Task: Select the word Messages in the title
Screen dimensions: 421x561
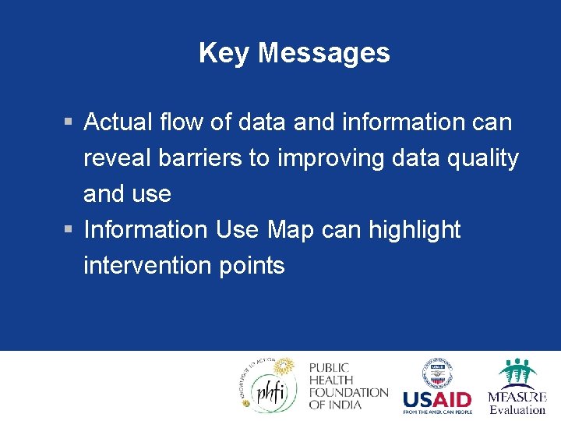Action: [x=323, y=53]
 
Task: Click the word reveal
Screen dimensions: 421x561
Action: [x=117, y=158]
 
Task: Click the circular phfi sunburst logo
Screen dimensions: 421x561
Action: [x=269, y=384]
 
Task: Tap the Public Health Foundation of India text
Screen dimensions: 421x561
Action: [x=348, y=386]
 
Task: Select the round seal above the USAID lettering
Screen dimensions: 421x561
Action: [x=437, y=373]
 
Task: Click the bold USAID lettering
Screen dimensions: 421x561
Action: [x=437, y=399]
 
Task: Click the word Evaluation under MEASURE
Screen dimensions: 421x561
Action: [x=517, y=409]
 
